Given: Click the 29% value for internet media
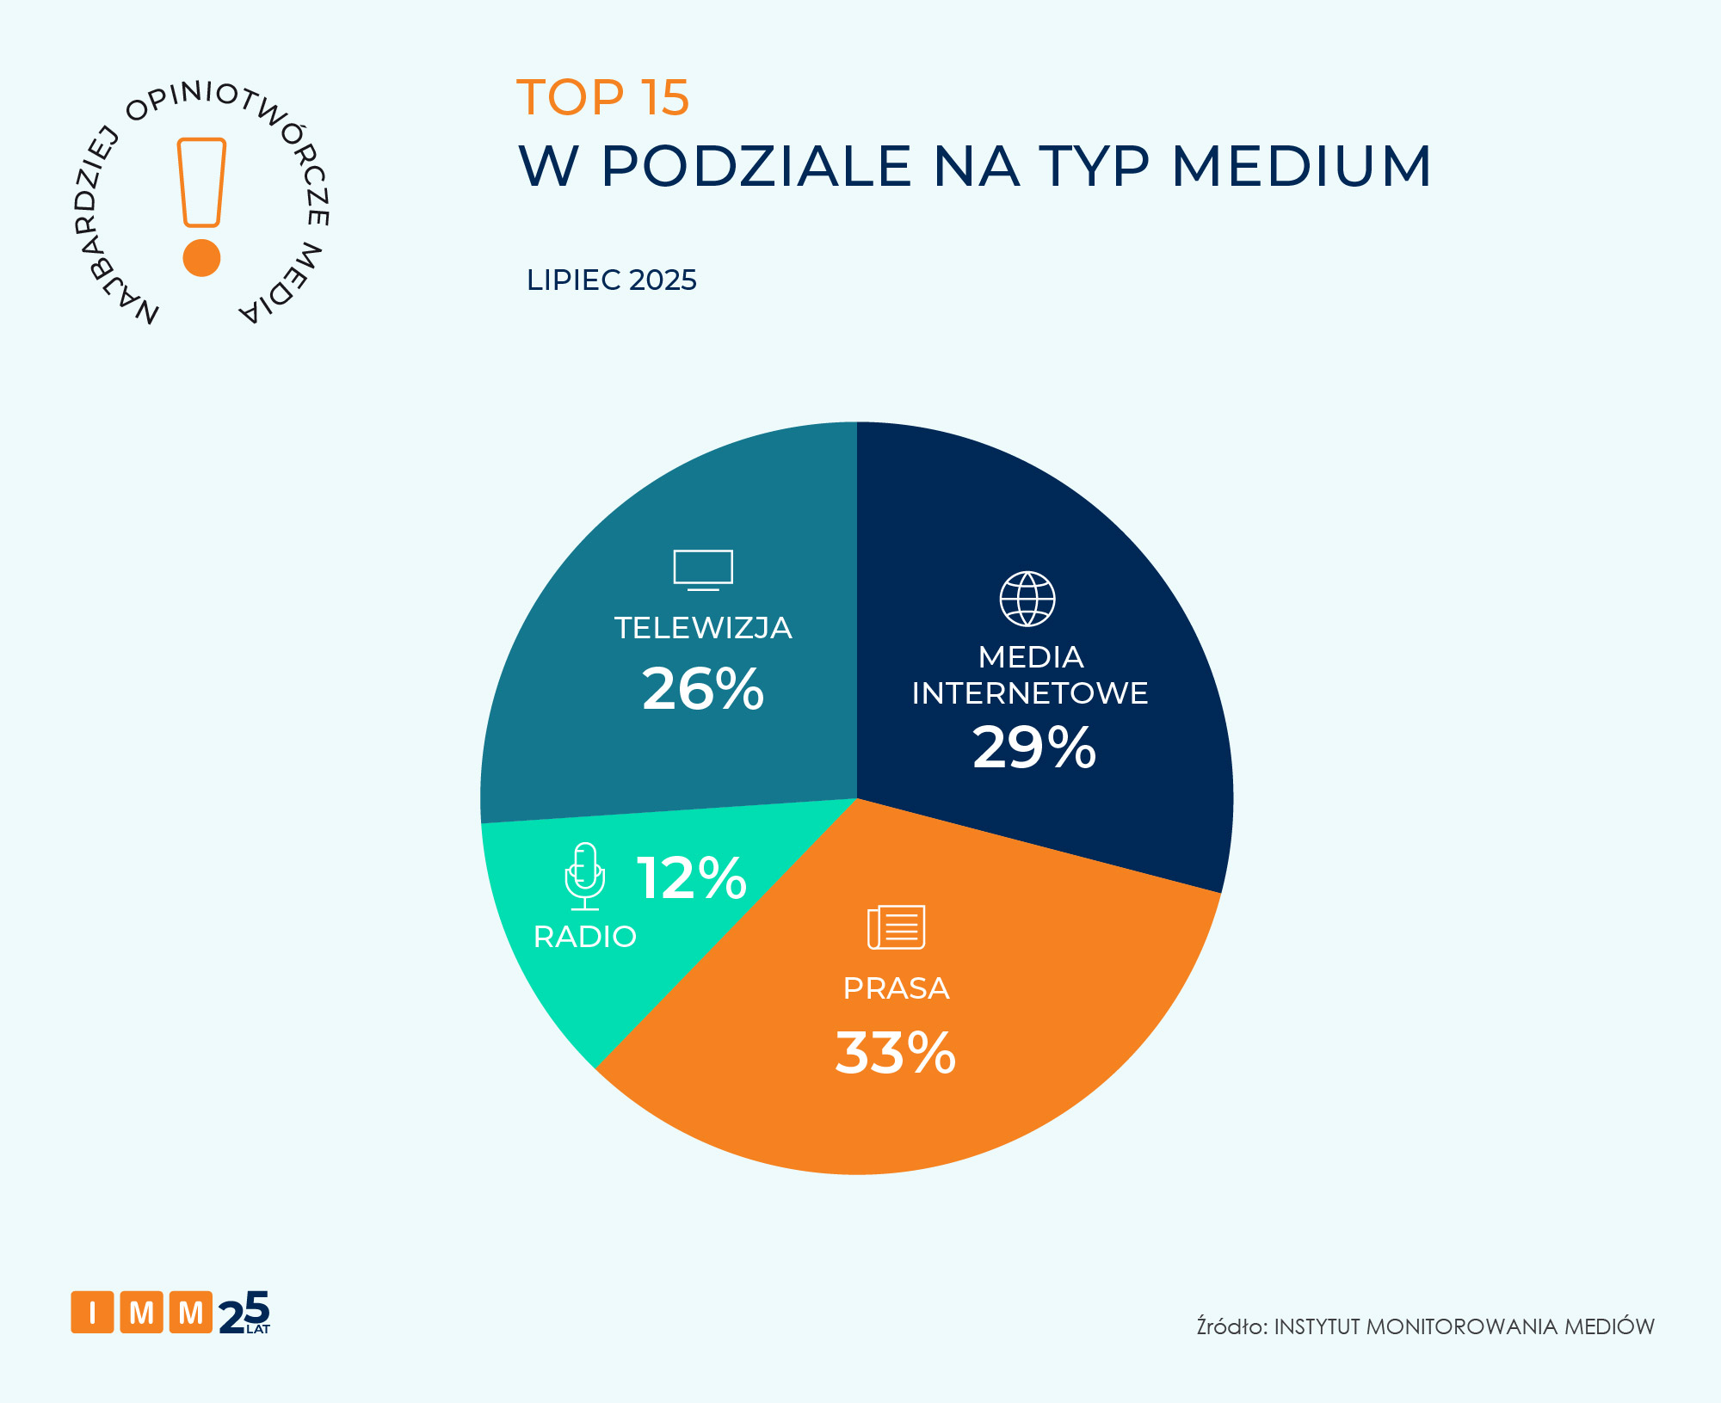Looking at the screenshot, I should [x=1033, y=747].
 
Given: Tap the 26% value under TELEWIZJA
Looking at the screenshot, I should [x=702, y=689].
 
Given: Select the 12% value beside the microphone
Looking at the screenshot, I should [x=691, y=878].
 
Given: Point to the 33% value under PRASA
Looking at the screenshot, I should [x=895, y=1052].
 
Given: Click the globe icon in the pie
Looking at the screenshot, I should [x=1027, y=599].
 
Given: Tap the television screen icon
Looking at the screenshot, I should [x=703, y=569].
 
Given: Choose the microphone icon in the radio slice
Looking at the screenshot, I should [x=585, y=876].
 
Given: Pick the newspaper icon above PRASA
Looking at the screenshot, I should [x=896, y=927].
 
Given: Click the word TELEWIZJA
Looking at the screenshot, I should [x=702, y=628].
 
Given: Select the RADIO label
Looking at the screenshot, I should [x=584, y=937].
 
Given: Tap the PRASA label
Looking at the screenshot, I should [x=896, y=988].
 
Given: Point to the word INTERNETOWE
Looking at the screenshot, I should [x=1029, y=693].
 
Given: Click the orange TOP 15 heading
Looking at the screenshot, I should [x=602, y=97].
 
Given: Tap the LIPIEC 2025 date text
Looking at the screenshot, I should [x=611, y=280].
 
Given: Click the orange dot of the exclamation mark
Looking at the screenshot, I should [x=202, y=257].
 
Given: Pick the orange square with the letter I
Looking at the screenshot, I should [x=92, y=1313].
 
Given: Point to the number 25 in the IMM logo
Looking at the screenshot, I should [x=244, y=1313].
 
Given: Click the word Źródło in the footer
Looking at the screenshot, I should [x=1231, y=1326].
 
